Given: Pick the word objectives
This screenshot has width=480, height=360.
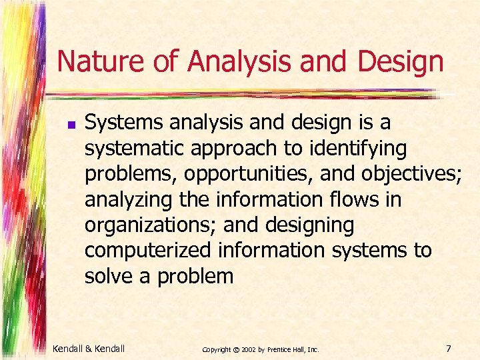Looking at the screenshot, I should (409, 174).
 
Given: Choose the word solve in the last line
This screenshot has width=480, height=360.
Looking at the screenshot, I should (109, 276).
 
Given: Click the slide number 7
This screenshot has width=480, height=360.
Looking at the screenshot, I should (448, 348).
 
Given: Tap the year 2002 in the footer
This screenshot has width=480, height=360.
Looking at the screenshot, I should (246, 349).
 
